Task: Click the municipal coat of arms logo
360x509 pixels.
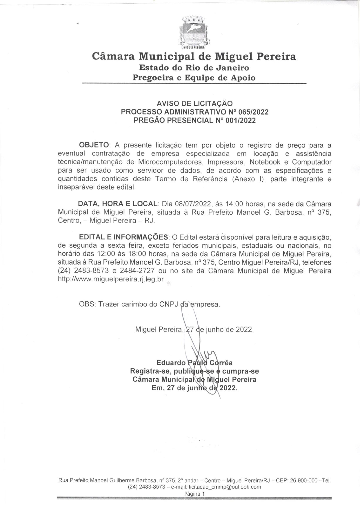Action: [x=194, y=33]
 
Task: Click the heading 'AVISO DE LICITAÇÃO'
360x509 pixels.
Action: [x=194, y=103]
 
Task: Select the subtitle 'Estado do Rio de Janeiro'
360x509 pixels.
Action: [x=194, y=68]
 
